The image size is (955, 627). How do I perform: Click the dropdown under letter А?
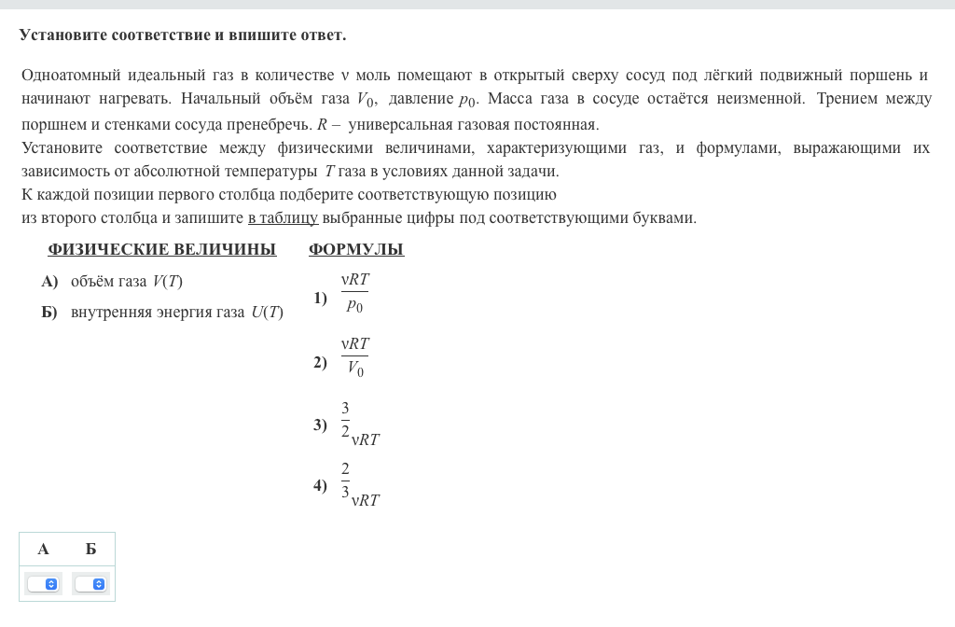(x=43, y=584)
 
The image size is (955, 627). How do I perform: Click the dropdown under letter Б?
(x=90, y=584)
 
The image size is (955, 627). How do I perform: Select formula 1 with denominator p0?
(x=354, y=292)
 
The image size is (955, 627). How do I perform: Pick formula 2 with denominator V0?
(x=354, y=356)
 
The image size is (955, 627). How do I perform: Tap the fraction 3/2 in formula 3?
(x=345, y=420)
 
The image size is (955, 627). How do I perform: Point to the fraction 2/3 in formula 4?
(x=345, y=481)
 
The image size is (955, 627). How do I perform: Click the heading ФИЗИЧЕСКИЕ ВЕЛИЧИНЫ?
(x=161, y=249)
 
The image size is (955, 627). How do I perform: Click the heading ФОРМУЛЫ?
(x=355, y=249)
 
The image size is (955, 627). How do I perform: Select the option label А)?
(x=49, y=282)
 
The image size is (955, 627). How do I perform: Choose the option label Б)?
(x=49, y=313)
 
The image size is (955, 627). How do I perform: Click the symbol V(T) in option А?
(x=168, y=282)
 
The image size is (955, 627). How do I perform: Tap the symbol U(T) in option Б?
(x=267, y=313)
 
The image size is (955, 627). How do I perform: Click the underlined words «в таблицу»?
(x=283, y=218)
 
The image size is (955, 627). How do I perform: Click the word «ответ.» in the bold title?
(x=323, y=35)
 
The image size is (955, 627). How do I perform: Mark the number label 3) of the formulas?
(x=320, y=425)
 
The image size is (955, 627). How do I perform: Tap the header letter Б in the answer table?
(x=90, y=549)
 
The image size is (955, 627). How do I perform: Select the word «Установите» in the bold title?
(x=62, y=35)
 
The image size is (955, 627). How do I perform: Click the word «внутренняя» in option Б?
(x=107, y=313)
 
